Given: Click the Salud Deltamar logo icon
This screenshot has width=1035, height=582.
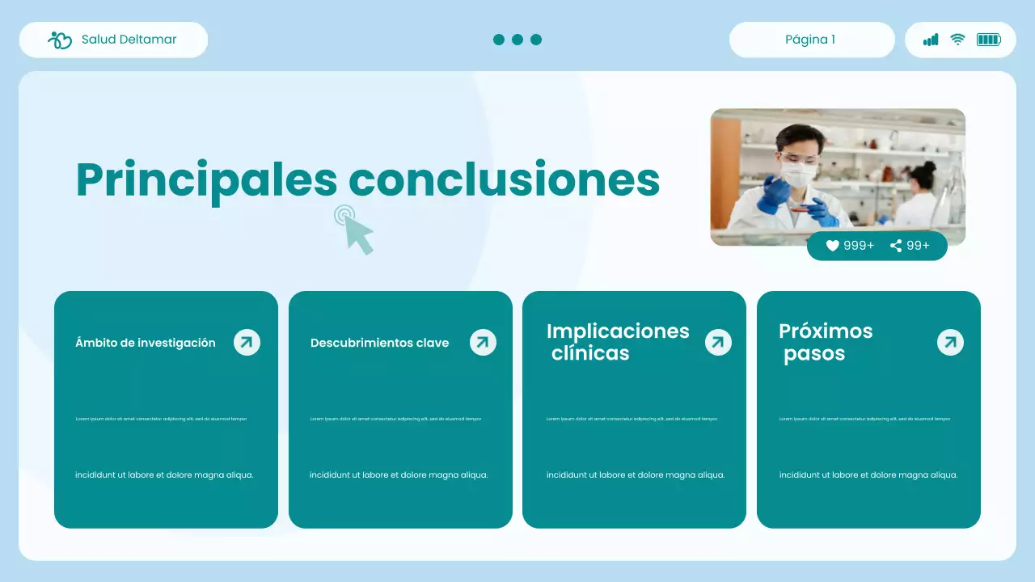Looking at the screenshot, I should point(60,40).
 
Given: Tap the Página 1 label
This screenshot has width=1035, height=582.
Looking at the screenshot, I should point(810,40).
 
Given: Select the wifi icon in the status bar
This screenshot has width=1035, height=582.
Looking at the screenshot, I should point(957,40).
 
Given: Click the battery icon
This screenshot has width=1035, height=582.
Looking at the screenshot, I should point(988,40).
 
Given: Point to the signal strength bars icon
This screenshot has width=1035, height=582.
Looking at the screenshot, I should point(931,40).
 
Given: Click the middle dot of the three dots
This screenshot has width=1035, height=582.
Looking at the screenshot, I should point(517,40).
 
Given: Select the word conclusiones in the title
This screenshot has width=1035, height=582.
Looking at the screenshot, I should point(505,179).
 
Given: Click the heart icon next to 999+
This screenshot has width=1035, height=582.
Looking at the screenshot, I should point(832,246).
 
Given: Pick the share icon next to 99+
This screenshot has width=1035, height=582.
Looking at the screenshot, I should point(896,246).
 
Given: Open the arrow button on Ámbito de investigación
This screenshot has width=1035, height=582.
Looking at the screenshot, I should point(247,342).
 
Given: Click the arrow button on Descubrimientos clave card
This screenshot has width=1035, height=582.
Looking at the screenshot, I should point(483,342).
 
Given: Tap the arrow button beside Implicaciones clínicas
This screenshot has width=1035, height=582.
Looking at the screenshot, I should point(717,342).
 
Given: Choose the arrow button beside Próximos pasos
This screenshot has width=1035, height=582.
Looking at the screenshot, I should point(950,342).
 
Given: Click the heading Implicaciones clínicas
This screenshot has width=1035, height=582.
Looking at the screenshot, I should point(618,342).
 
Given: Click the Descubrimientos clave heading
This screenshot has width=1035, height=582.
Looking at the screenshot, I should point(379,343).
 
